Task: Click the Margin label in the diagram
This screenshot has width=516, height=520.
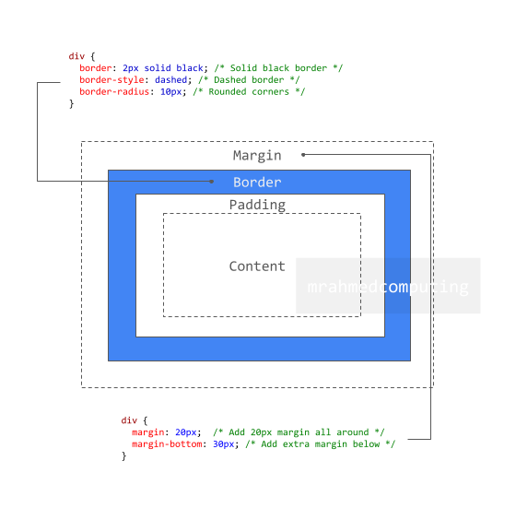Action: [x=257, y=156]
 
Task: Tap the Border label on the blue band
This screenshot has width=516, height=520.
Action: [x=257, y=182]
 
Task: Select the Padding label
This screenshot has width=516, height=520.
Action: [x=257, y=205]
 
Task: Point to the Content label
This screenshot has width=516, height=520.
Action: [x=257, y=266]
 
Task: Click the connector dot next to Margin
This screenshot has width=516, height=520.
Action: [x=303, y=155]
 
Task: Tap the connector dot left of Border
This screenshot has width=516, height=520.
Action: [x=211, y=182]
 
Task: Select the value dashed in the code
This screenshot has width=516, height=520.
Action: [x=171, y=80]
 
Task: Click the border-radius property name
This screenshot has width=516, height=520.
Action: [x=114, y=92]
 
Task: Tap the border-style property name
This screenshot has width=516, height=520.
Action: [x=111, y=80]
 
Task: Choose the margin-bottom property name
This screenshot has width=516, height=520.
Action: [x=167, y=444]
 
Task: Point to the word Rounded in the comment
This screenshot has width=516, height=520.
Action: [x=228, y=92]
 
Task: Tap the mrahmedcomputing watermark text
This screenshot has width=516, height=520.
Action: [x=388, y=287]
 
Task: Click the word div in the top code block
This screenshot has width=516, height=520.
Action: [x=76, y=56]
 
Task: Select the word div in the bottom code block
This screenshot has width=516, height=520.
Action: [x=129, y=420]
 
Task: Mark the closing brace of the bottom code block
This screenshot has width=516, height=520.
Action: [x=124, y=456]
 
